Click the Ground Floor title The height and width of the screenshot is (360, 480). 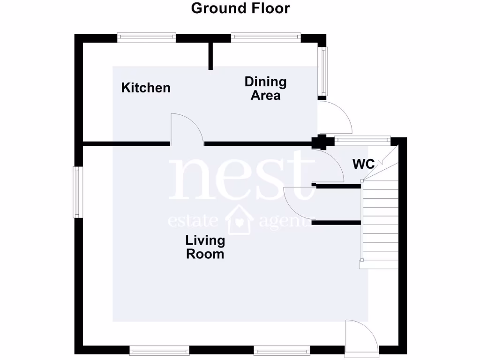(x=240, y=8)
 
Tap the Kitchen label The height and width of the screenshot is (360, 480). (x=146, y=88)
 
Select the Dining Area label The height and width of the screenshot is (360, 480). (x=265, y=89)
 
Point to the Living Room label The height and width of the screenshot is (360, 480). (x=205, y=247)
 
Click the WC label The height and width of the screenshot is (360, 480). (x=363, y=164)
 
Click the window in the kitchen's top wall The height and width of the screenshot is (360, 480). (x=146, y=37)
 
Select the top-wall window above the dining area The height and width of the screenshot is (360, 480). (x=265, y=37)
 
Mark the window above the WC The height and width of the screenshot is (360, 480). (x=362, y=139)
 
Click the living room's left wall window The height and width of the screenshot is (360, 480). (x=78, y=192)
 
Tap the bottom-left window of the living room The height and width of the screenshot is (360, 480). (x=159, y=349)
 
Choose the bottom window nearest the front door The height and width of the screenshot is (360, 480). (x=282, y=349)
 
